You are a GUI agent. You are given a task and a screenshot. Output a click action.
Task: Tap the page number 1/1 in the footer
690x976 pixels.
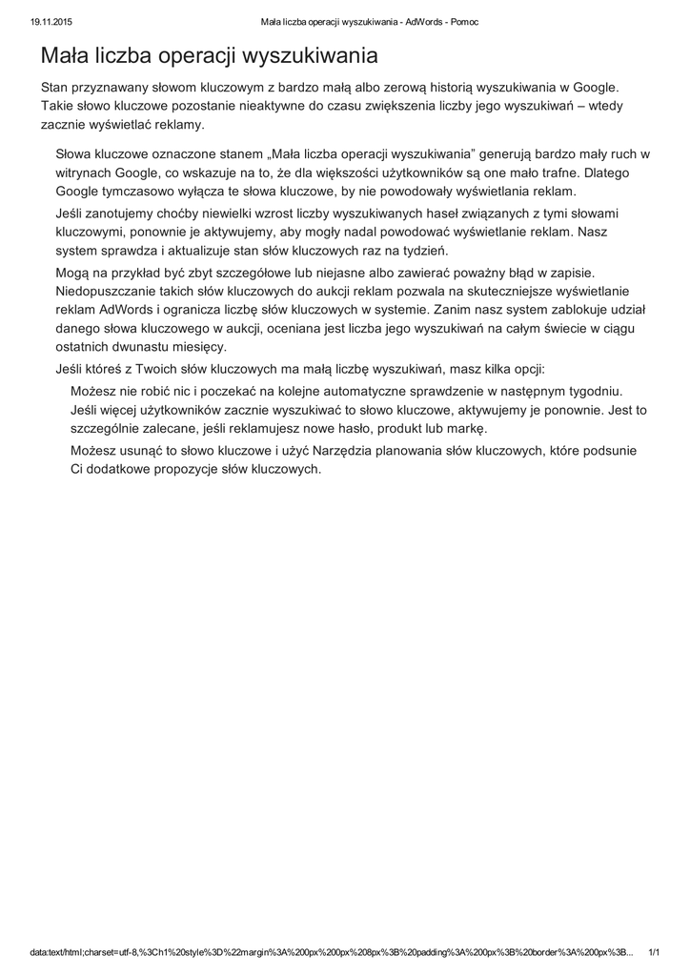tap(654, 952)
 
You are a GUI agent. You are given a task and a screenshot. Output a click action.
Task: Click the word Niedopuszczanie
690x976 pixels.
tap(110, 292)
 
